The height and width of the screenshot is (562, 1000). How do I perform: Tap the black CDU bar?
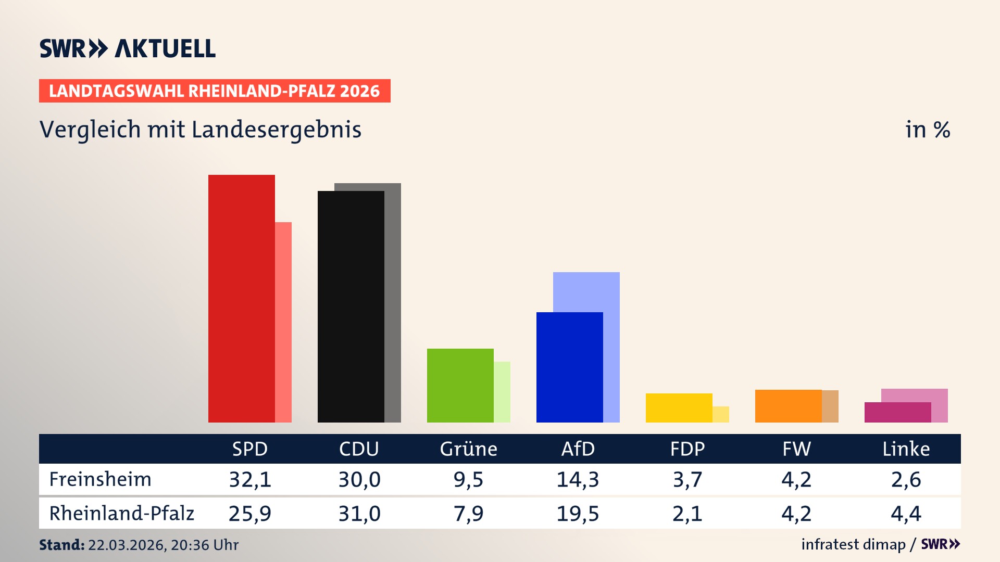click(x=351, y=306)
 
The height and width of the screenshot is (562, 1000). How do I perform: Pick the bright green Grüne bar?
click(x=460, y=385)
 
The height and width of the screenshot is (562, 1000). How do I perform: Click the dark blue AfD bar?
click(x=569, y=367)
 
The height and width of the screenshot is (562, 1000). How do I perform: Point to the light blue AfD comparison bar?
click(x=586, y=291)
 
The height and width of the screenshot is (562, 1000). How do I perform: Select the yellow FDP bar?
click(x=679, y=407)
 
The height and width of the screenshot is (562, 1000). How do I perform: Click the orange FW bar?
click(x=788, y=406)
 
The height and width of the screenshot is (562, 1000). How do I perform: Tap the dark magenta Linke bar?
click(x=897, y=412)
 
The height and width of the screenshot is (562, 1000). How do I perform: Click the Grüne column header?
click(x=468, y=449)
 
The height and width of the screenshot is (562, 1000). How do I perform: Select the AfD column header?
click(x=578, y=449)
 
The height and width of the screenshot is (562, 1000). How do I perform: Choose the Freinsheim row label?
click(x=100, y=479)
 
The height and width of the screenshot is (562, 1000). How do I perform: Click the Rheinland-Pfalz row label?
click(x=121, y=514)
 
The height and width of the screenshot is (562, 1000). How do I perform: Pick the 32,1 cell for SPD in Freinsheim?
click(x=250, y=479)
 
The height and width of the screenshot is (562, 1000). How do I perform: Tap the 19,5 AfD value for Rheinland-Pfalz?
click(x=578, y=514)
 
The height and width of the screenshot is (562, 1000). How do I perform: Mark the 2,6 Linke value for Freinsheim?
click(x=906, y=479)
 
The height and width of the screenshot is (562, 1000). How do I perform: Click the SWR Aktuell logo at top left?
click(x=127, y=48)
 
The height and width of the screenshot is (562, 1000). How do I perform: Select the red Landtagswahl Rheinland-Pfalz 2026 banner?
click(x=215, y=91)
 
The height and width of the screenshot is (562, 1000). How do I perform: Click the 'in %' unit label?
click(x=927, y=130)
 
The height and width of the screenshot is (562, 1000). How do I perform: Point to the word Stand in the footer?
click(x=61, y=545)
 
